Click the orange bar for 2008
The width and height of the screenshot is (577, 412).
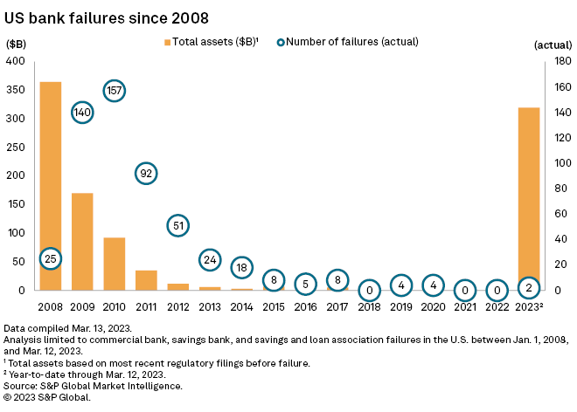(50, 175)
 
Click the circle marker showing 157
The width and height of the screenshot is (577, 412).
(115, 90)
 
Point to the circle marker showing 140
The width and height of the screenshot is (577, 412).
(82, 113)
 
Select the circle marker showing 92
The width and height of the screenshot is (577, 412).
(146, 174)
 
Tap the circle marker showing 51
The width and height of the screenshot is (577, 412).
(178, 226)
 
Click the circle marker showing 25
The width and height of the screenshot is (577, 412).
(51, 258)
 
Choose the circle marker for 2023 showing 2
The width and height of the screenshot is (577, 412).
(528, 287)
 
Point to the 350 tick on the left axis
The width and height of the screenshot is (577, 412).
(17, 90)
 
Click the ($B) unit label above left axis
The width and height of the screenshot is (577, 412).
(17, 42)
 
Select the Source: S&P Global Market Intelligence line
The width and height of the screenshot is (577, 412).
(94, 385)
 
